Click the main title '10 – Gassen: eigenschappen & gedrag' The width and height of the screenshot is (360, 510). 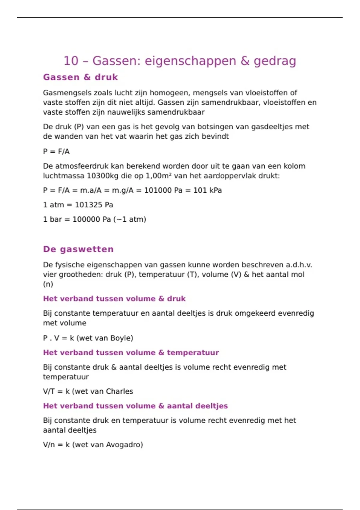tap(180, 61)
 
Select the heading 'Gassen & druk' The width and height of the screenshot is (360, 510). tap(80, 77)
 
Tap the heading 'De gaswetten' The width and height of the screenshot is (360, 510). tap(78, 249)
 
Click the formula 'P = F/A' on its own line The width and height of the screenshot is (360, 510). tap(56, 151)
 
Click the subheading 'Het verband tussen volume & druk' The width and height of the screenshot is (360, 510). tap(114, 299)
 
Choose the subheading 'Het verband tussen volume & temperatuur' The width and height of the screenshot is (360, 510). tap(131, 352)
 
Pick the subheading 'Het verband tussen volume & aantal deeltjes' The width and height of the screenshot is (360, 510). tap(135, 406)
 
